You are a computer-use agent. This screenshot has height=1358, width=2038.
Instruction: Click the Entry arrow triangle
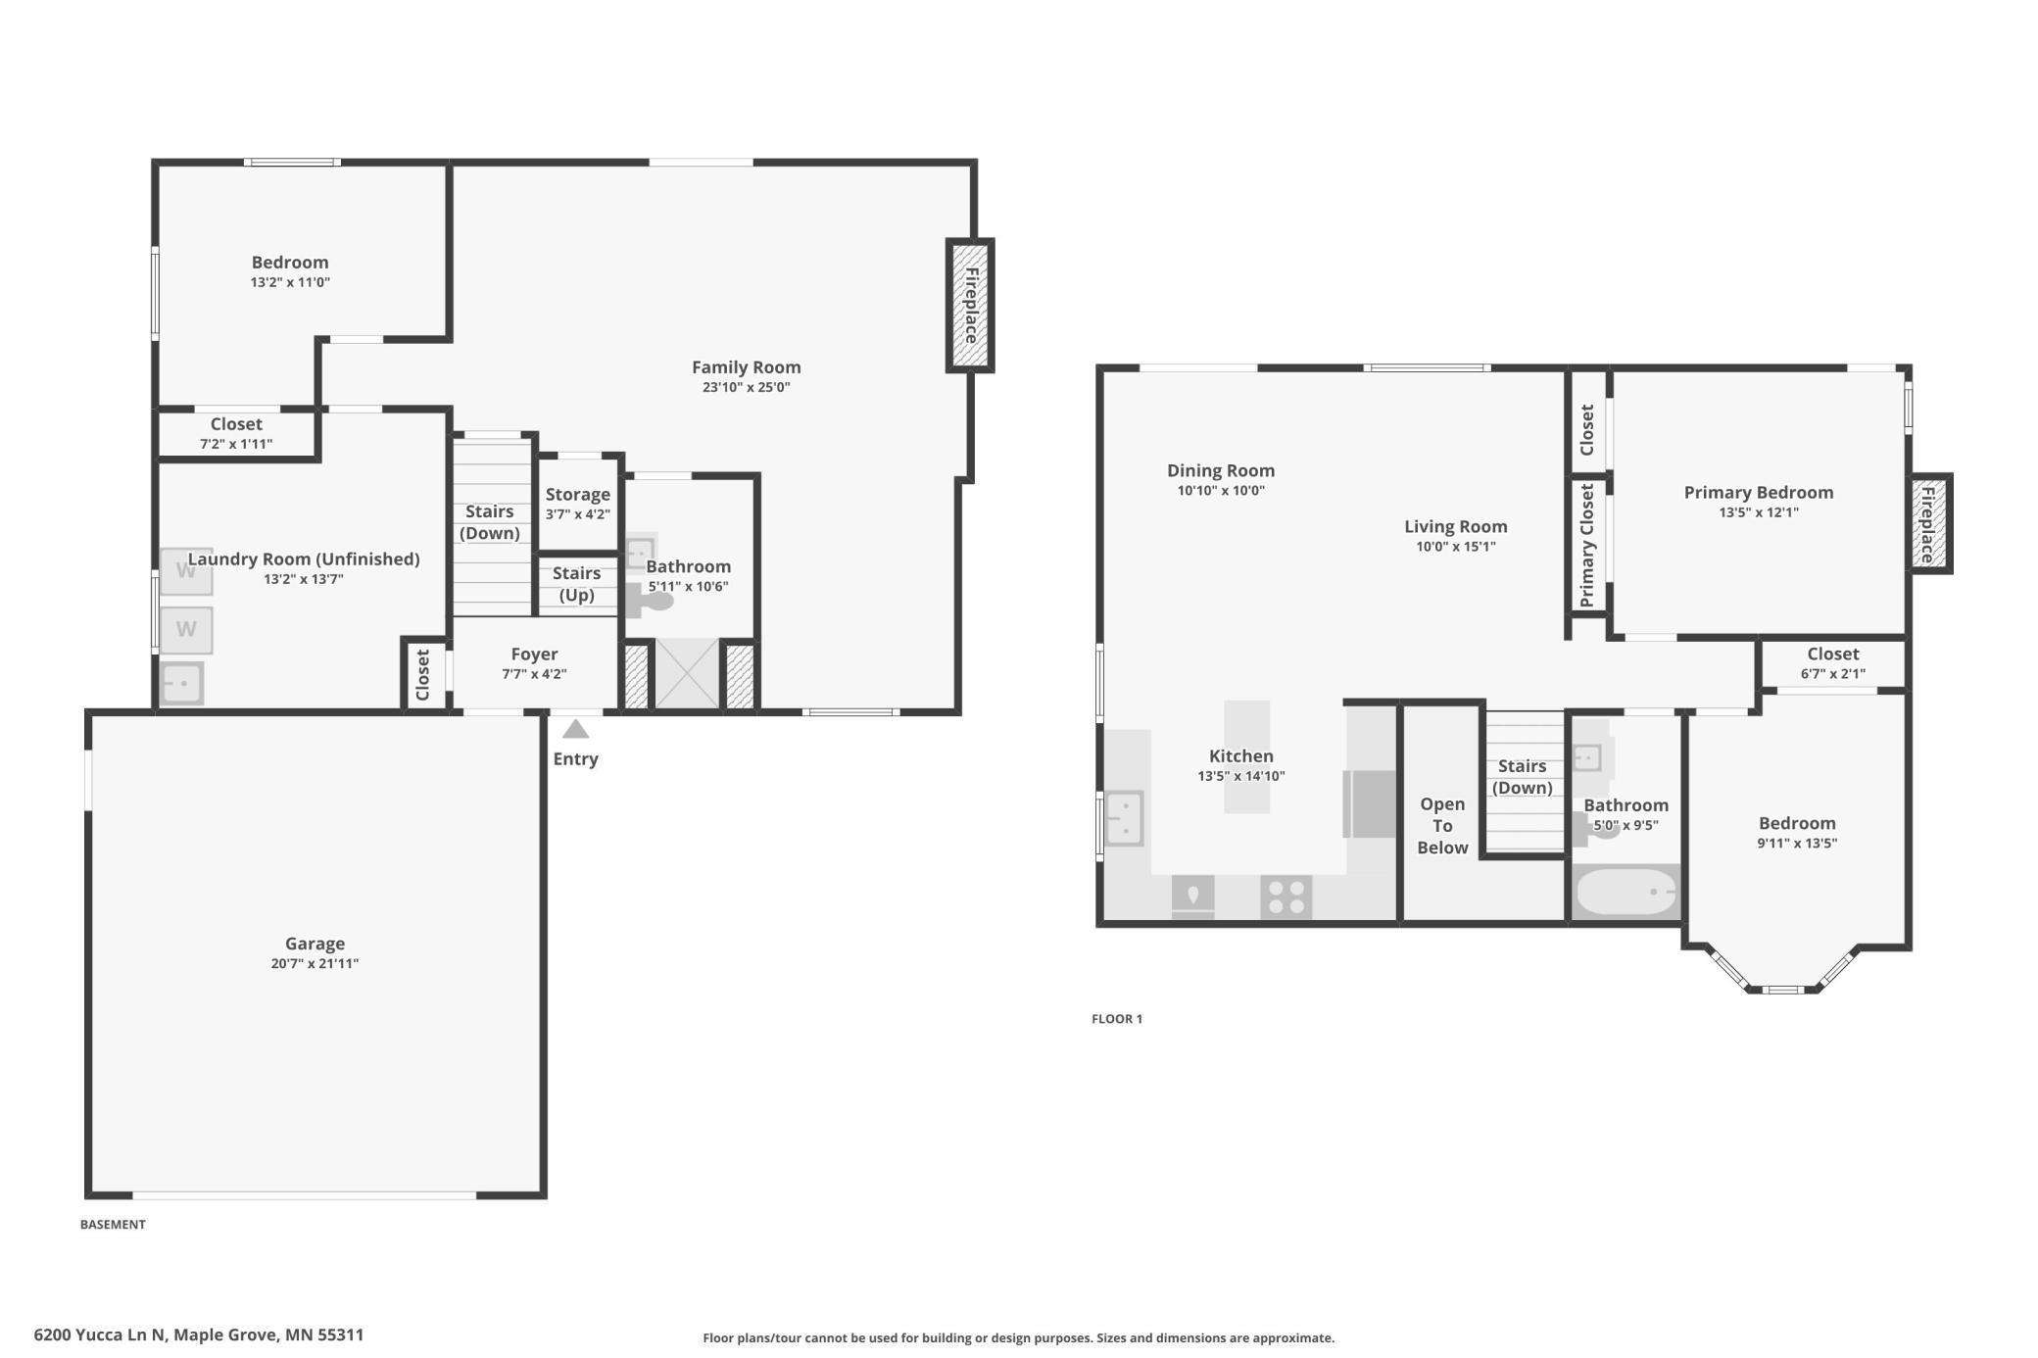tap(575, 729)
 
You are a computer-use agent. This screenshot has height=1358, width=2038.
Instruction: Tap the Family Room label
tap(746, 367)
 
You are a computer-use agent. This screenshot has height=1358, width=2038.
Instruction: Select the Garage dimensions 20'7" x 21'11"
tap(315, 963)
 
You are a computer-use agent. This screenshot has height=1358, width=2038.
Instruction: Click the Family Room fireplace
tap(970, 306)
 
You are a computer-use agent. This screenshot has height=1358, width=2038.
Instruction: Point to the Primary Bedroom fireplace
tap(1930, 523)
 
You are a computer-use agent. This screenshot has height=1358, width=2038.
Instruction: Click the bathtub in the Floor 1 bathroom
tap(1626, 892)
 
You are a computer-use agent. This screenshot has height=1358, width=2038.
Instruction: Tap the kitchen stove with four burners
tap(1286, 897)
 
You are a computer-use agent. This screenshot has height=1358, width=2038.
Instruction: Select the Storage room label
tap(578, 495)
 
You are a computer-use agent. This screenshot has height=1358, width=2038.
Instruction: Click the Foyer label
tap(534, 654)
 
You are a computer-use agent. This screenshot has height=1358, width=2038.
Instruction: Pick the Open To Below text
tap(1442, 826)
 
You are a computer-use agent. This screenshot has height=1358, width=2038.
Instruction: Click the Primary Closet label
tap(1587, 545)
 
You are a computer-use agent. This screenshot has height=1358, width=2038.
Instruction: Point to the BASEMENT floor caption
tap(113, 1224)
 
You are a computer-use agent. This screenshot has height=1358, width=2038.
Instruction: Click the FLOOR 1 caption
tap(1117, 1019)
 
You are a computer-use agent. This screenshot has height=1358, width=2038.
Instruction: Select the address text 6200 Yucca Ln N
tap(100, 1334)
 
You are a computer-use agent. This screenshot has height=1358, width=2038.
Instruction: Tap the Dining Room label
tap(1221, 470)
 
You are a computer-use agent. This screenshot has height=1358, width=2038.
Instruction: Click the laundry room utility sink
tap(181, 683)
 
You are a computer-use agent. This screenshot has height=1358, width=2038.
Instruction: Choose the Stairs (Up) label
tap(576, 584)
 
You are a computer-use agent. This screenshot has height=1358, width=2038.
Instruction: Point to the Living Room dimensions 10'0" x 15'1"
tap(1456, 547)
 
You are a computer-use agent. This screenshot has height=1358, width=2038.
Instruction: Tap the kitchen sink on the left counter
tap(1125, 818)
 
